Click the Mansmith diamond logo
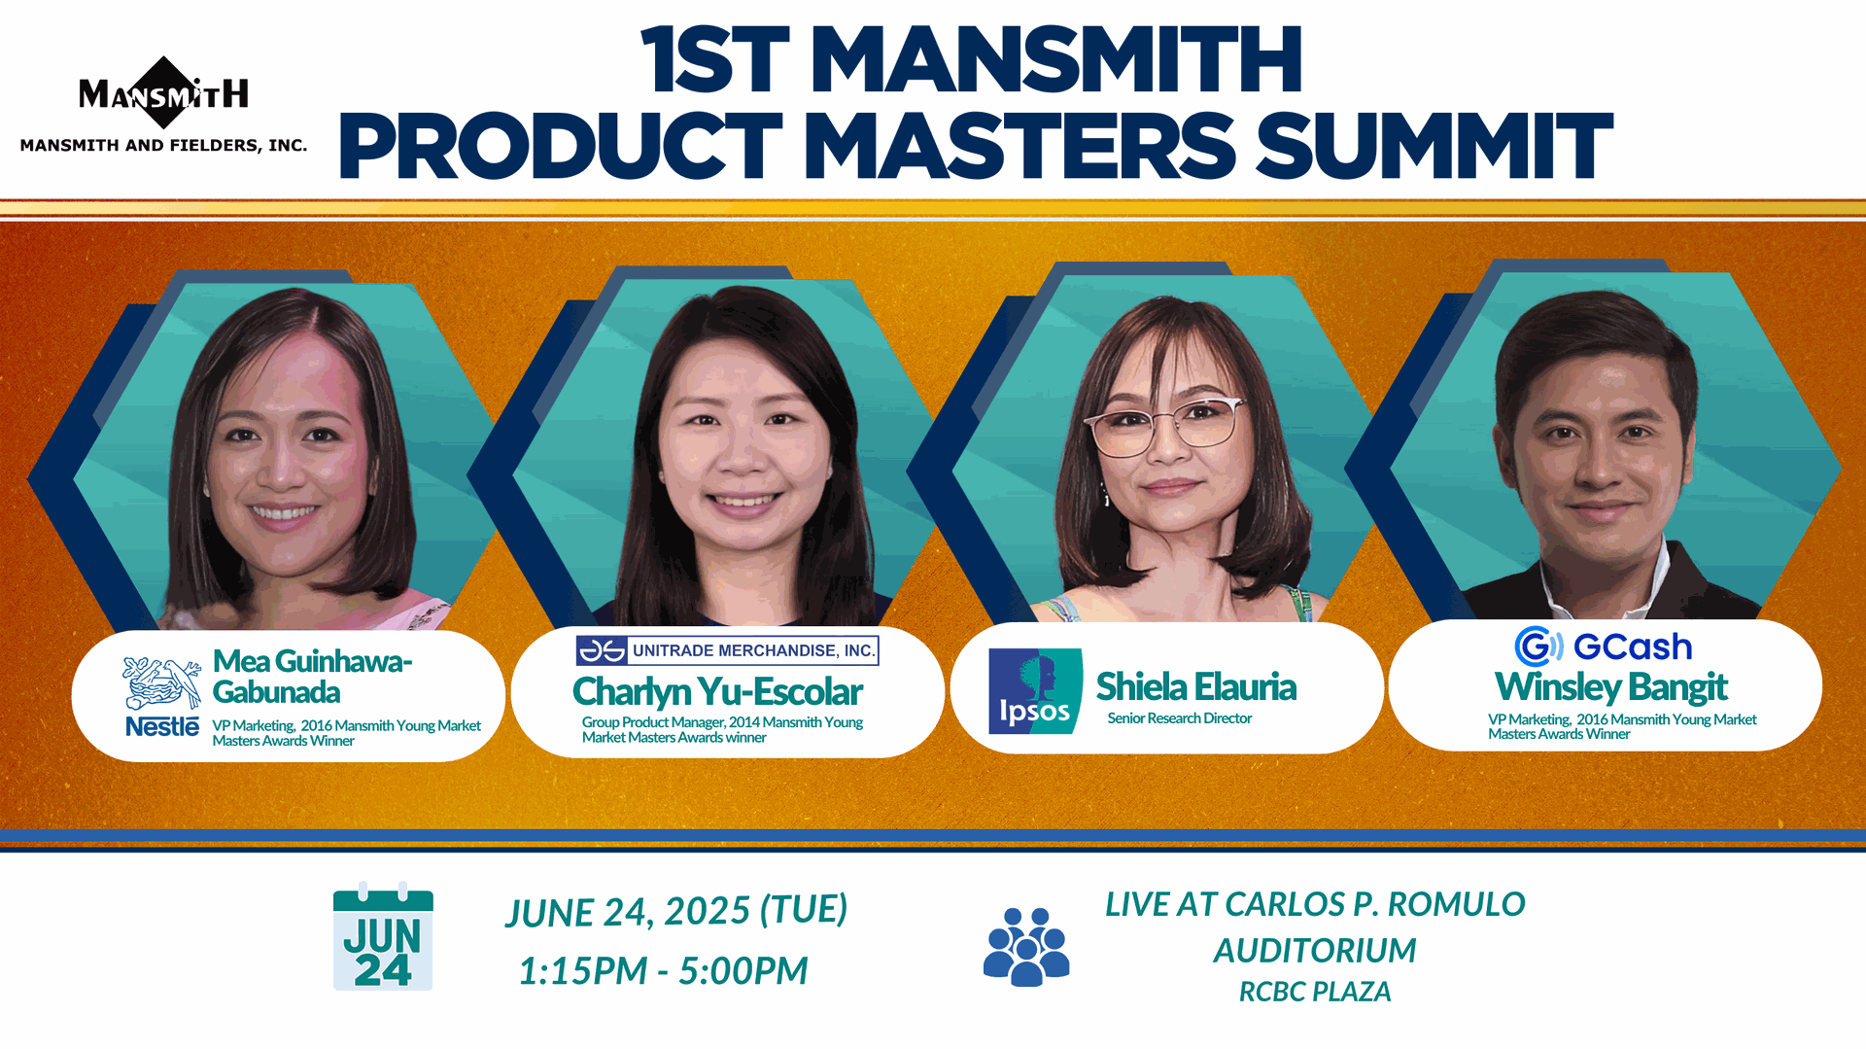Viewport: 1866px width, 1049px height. coord(163,92)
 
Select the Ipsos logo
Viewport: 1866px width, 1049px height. coord(1035,690)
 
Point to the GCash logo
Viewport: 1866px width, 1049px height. coord(1604,647)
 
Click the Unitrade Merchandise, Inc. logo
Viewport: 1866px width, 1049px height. coord(727,650)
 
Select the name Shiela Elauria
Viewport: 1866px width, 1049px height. coord(1196,686)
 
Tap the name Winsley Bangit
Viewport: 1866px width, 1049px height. coord(1610,687)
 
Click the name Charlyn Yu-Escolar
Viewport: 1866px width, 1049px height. coord(717,692)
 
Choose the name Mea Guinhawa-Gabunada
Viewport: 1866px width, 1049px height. coord(313,677)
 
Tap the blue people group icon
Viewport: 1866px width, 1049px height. coord(1026,947)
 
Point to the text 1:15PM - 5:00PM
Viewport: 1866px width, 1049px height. coord(663,970)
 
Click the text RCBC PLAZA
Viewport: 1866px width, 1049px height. coord(1315,992)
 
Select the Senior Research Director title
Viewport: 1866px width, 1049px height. coord(1179,718)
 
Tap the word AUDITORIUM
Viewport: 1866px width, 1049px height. coord(1315,950)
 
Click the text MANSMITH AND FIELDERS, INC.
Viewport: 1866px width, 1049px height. coord(163,145)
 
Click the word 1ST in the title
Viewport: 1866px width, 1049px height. coord(716,60)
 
